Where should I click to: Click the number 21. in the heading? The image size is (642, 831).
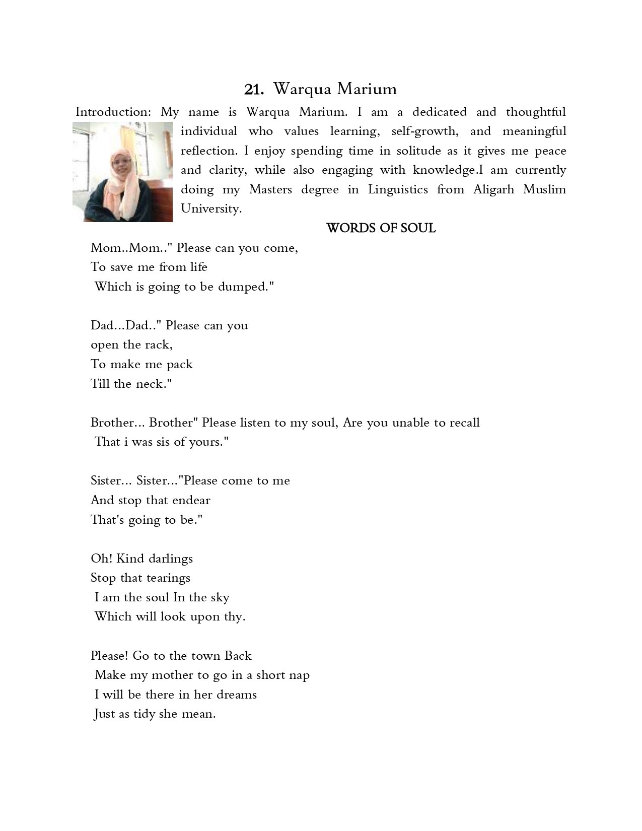pos(254,90)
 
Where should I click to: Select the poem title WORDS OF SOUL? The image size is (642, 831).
pos(381,228)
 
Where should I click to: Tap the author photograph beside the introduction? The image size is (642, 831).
pos(122,172)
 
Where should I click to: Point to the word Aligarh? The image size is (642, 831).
pos(493,190)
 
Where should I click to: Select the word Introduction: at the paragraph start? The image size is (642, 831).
pos(113,112)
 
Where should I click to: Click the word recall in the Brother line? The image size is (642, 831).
pos(460,423)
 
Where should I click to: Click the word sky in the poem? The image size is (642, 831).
pos(220,598)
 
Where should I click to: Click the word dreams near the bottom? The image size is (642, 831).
pos(237,695)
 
